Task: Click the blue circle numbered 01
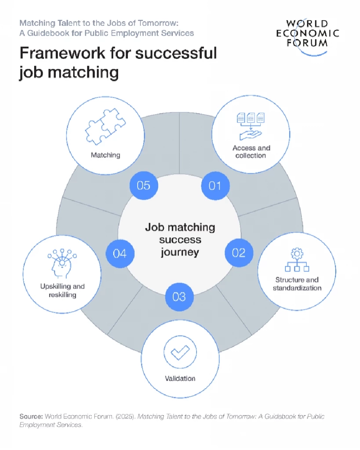[x=215, y=185]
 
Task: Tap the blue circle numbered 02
[x=238, y=253]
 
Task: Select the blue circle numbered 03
[x=179, y=297]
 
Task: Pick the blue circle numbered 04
[x=120, y=254]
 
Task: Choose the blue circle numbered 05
[x=144, y=185]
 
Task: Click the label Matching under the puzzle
[x=105, y=155]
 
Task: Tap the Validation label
[x=180, y=378]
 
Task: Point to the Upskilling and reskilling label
[x=63, y=291]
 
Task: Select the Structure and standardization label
[x=297, y=284]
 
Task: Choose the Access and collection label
[x=251, y=152]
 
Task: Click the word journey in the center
[x=180, y=252]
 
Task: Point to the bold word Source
[x=31, y=417]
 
